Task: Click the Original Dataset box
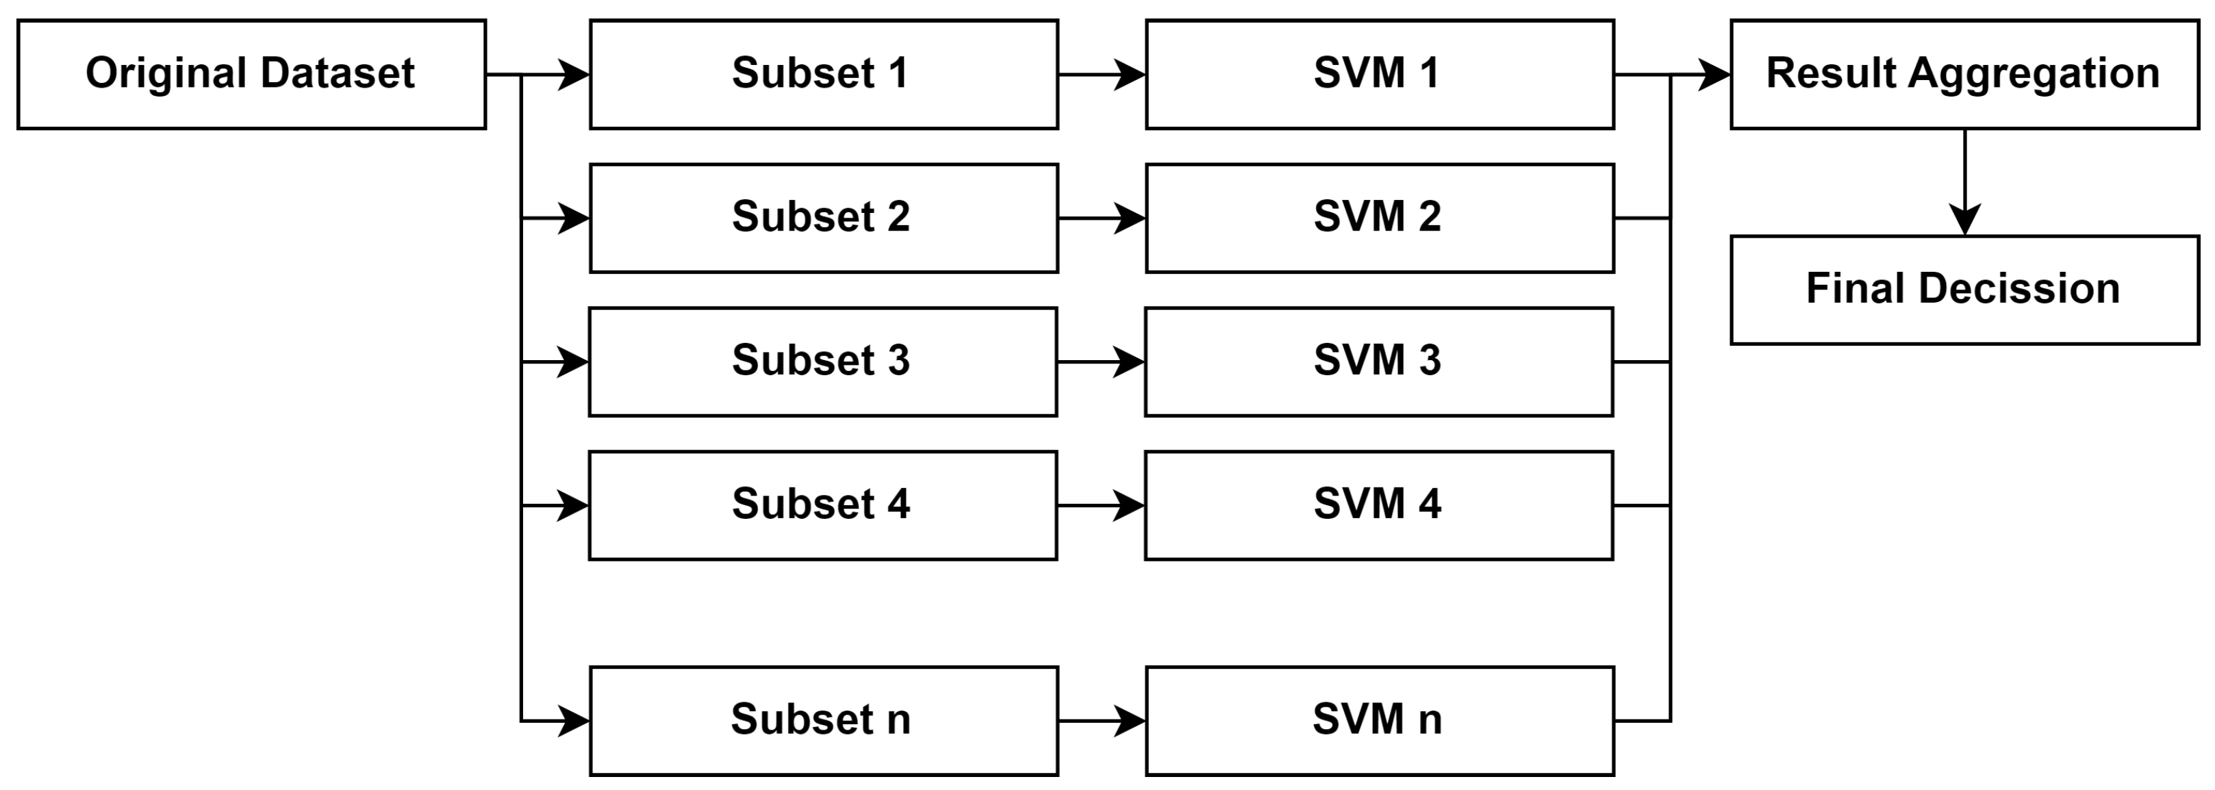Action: point(251,75)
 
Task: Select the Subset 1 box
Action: point(823,75)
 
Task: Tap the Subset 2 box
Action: point(823,218)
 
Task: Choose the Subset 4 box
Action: point(823,505)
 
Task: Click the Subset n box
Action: point(823,720)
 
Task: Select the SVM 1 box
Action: point(1379,75)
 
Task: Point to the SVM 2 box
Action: point(1379,218)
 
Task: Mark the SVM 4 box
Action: point(1379,505)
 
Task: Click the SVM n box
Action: point(1379,720)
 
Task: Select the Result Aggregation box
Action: point(1964,75)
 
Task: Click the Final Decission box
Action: point(1964,290)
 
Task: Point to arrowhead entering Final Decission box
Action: point(1965,221)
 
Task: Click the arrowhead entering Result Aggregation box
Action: point(1714,75)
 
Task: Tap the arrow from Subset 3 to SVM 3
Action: point(1100,362)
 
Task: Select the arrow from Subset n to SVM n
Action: point(1100,720)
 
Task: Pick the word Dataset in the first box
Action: point(337,73)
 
